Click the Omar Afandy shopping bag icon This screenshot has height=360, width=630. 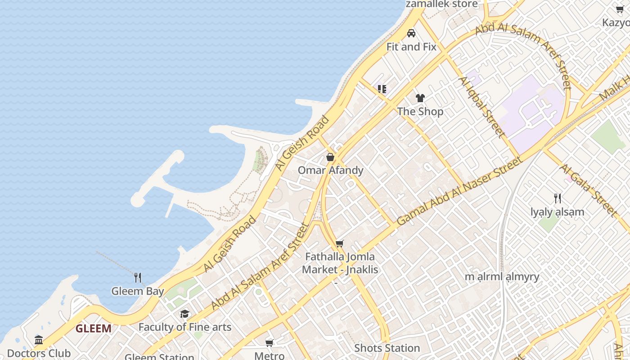(330, 157)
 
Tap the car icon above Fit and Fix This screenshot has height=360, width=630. (411, 33)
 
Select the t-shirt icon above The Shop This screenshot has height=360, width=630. (420, 98)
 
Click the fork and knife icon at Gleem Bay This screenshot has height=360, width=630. (138, 277)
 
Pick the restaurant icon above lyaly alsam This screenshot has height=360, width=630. (557, 198)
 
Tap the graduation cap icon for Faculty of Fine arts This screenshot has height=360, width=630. (184, 314)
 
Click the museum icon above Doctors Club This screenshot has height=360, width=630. (39, 340)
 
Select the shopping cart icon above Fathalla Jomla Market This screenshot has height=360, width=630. (340, 243)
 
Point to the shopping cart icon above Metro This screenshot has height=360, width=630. (270, 343)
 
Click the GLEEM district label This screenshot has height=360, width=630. (93, 328)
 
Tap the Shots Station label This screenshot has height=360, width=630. (387, 348)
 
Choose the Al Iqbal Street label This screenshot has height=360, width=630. (481, 106)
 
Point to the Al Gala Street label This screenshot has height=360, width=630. (587, 189)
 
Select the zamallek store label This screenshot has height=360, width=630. (441, 4)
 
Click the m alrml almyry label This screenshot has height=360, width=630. (502, 277)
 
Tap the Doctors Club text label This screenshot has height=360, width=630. (39, 353)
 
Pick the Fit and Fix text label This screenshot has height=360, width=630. (411, 47)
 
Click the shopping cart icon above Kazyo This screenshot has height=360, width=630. (620, 9)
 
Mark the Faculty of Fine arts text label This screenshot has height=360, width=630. (184, 327)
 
